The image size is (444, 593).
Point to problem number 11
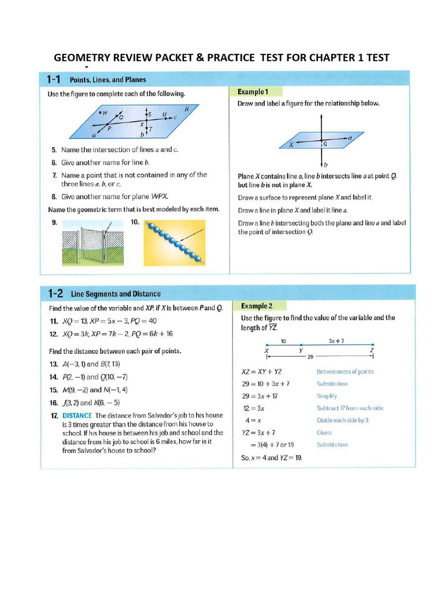coord(53,321)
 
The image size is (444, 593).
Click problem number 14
coord(53,377)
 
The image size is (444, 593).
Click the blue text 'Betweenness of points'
coord(345,372)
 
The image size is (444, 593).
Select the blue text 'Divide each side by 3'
coord(343,420)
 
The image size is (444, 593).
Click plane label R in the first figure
coord(187,109)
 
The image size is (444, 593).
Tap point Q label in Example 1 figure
coord(325,143)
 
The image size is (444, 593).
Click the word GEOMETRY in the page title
coord(82,57)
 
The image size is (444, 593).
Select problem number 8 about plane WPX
coord(53,196)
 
